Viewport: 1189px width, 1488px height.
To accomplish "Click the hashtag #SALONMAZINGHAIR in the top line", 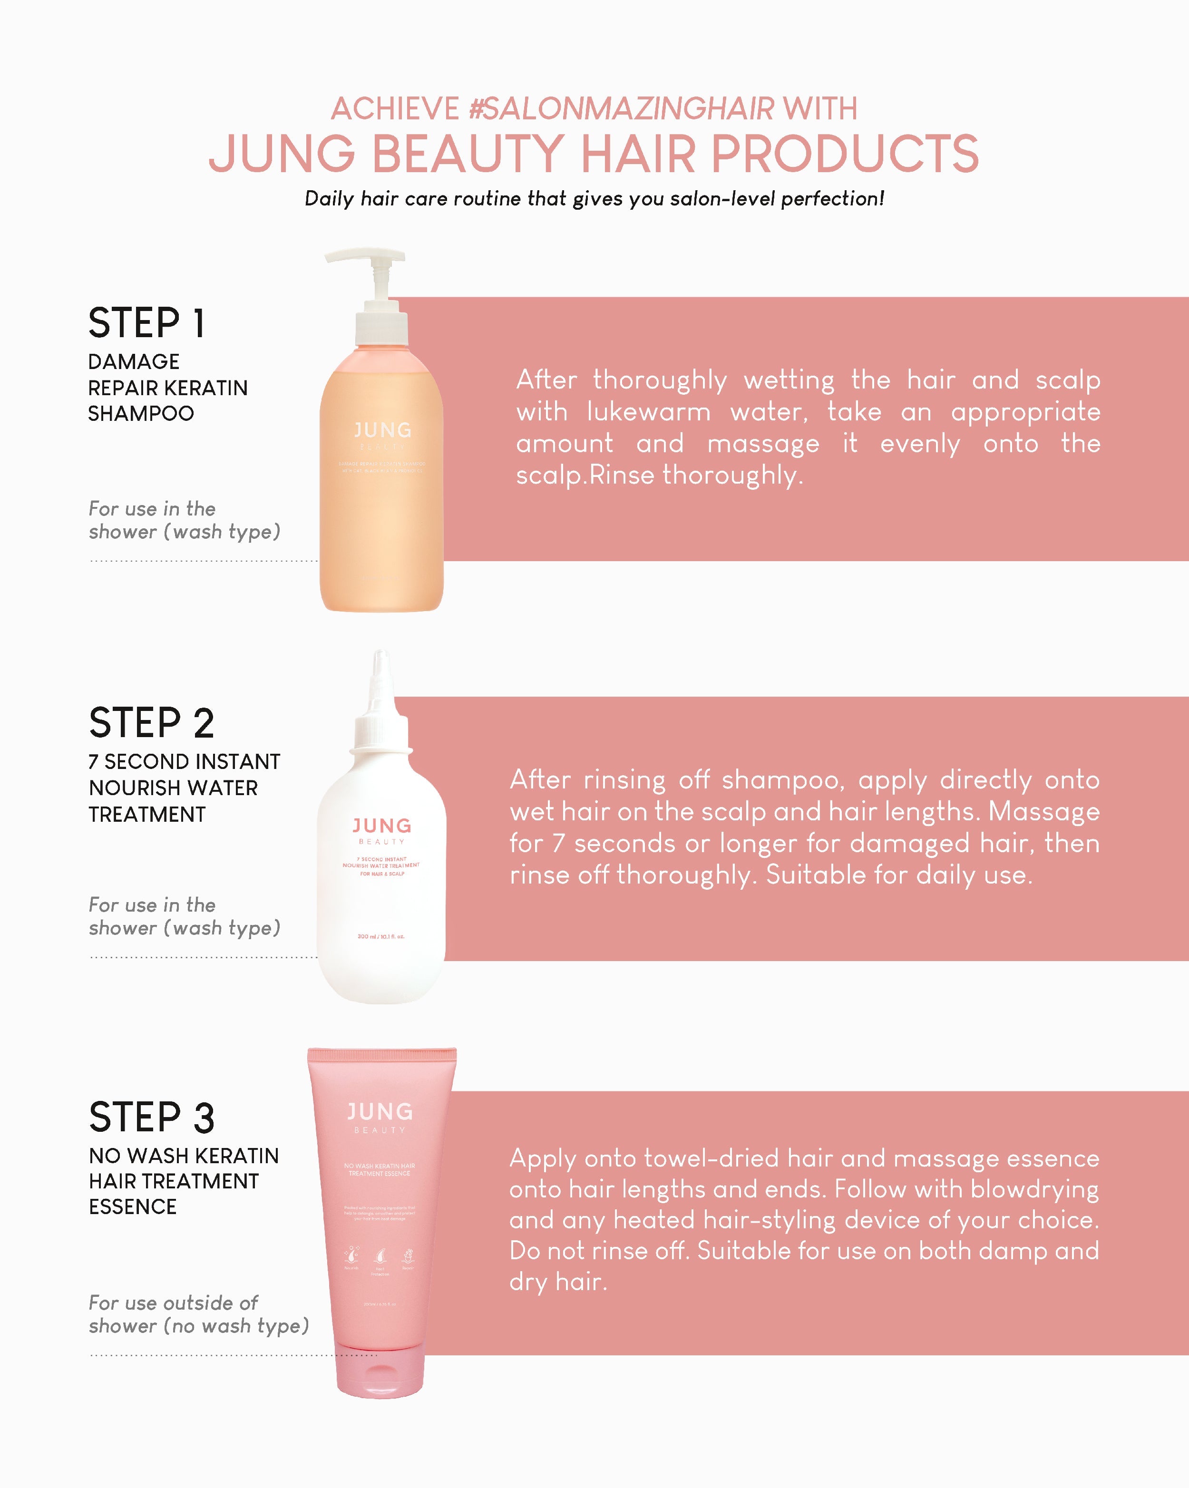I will (x=621, y=109).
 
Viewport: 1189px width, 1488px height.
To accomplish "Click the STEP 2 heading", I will (x=151, y=723).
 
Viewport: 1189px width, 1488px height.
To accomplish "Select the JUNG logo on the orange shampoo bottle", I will (x=382, y=431).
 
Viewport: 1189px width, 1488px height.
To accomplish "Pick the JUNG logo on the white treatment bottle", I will (x=381, y=826).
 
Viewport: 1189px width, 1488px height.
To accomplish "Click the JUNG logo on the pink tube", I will (x=380, y=1111).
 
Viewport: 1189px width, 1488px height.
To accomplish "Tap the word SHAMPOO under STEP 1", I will (x=141, y=413).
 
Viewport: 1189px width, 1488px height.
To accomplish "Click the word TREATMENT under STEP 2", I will (x=147, y=815).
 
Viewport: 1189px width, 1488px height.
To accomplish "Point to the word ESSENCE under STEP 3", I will (x=133, y=1206).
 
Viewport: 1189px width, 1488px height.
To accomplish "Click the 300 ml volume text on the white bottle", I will (x=381, y=936).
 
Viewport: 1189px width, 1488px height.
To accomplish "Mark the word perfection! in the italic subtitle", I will (x=832, y=199).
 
